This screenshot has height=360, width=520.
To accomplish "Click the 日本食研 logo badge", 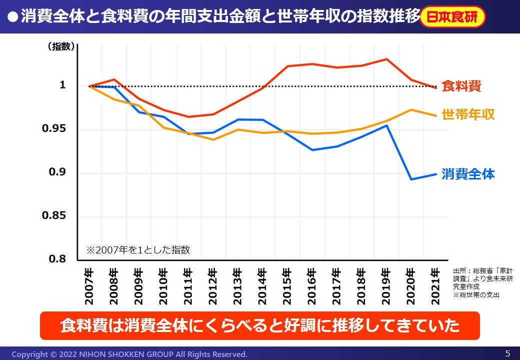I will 452,17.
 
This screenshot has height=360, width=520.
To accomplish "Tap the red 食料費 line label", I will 461,86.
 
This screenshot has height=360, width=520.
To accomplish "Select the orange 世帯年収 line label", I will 468,114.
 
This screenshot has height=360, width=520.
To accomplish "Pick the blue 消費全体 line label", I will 468,174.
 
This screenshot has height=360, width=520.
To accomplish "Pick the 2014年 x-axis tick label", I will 261,286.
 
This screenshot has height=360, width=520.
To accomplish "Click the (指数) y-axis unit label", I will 61,47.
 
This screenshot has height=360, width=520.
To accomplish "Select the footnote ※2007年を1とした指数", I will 138,250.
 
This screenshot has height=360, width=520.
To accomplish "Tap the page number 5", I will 507,353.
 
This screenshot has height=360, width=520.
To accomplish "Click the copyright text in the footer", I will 129,354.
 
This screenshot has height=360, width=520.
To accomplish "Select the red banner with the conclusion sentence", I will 259,326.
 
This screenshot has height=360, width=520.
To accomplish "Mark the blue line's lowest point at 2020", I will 410,179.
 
